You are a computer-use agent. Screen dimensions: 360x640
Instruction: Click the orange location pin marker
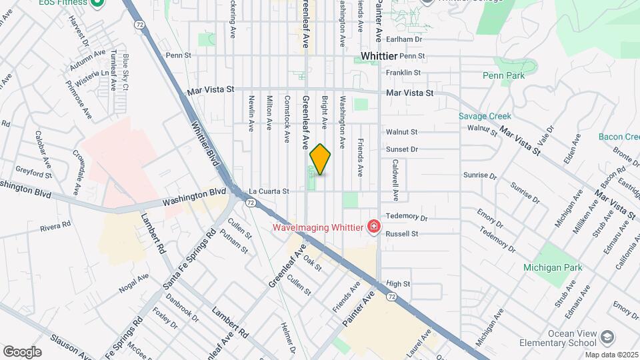pyautogui.click(x=321, y=159)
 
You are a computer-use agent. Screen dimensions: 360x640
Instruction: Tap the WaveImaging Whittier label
pyautogui.click(x=317, y=227)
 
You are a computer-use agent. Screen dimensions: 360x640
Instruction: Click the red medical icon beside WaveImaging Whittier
pyautogui.click(x=373, y=227)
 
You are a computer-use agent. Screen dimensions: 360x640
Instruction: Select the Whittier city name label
pyautogui.click(x=379, y=56)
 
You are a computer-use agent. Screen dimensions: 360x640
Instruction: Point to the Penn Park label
pyautogui.click(x=503, y=75)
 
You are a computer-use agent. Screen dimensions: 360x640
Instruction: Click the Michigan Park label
pyautogui.click(x=553, y=267)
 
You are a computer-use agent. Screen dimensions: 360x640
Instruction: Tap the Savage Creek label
pyautogui.click(x=485, y=116)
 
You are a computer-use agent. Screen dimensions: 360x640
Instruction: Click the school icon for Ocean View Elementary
pyautogui.click(x=607, y=338)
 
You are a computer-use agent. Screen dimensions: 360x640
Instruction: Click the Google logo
pyautogui.click(x=22, y=351)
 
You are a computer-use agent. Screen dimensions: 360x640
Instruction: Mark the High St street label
pyautogui.click(x=397, y=283)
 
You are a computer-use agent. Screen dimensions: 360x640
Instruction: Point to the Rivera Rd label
pyautogui.click(x=55, y=227)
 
